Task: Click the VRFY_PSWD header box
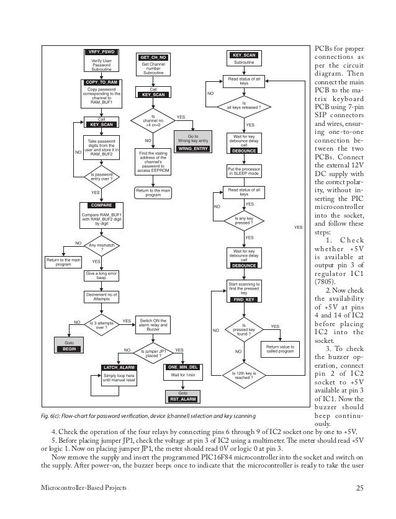[101, 51]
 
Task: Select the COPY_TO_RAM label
[101, 82]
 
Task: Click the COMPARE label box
[101, 205]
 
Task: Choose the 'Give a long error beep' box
[101, 275]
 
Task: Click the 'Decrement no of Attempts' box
[101, 296]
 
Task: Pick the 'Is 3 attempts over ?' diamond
[101, 323]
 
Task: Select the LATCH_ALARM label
[118, 368]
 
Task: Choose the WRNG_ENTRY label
[192, 149]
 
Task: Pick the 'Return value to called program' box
[281, 348]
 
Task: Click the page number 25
[359, 488]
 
